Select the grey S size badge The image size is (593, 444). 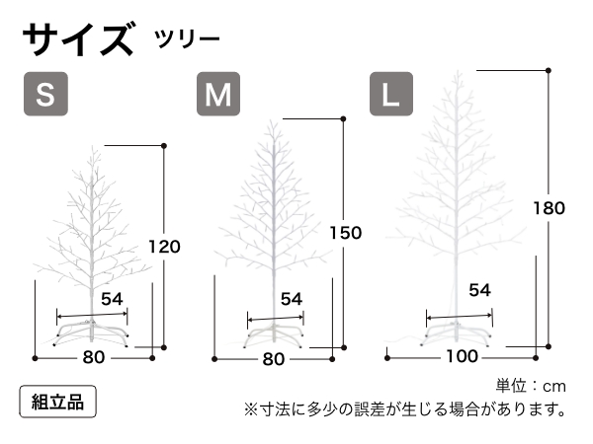45,95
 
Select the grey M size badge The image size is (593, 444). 218,95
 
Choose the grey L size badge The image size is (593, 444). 390,95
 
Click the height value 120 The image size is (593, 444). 164,246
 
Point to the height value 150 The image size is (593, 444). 346,233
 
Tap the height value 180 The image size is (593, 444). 549,208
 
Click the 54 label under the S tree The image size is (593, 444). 112,297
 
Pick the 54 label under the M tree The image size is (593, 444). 291,298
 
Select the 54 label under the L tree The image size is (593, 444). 479,289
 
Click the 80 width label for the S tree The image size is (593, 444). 94,358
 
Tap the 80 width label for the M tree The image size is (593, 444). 275,359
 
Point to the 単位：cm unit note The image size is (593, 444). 531,385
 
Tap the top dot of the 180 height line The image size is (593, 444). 549,70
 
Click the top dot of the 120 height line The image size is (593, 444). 164,145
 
